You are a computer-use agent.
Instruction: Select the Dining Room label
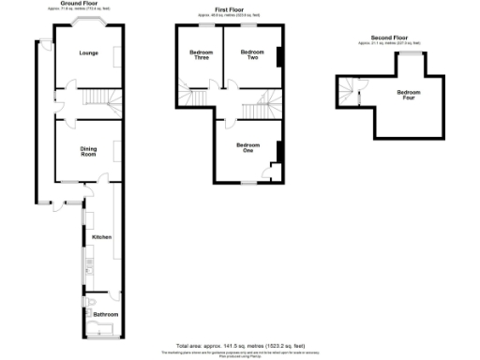point(88,151)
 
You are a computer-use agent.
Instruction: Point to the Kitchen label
point(102,237)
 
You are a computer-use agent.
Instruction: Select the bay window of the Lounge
point(87,23)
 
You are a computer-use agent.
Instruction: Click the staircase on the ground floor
point(97,98)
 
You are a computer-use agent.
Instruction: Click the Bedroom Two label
point(249,54)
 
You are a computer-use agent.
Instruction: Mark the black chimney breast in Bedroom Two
point(278,57)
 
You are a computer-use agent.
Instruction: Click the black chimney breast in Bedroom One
point(278,150)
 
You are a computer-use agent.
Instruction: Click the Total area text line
point(239,344)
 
